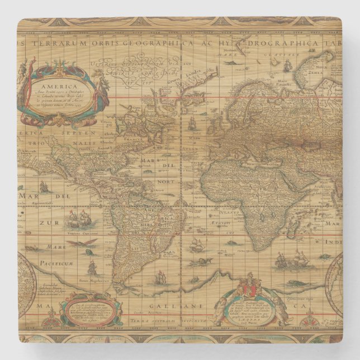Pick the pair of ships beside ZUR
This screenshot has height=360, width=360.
tap(79, 220)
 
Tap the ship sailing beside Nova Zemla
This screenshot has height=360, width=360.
tap(288, 67)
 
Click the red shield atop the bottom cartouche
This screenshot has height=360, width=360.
tap(247, 288)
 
